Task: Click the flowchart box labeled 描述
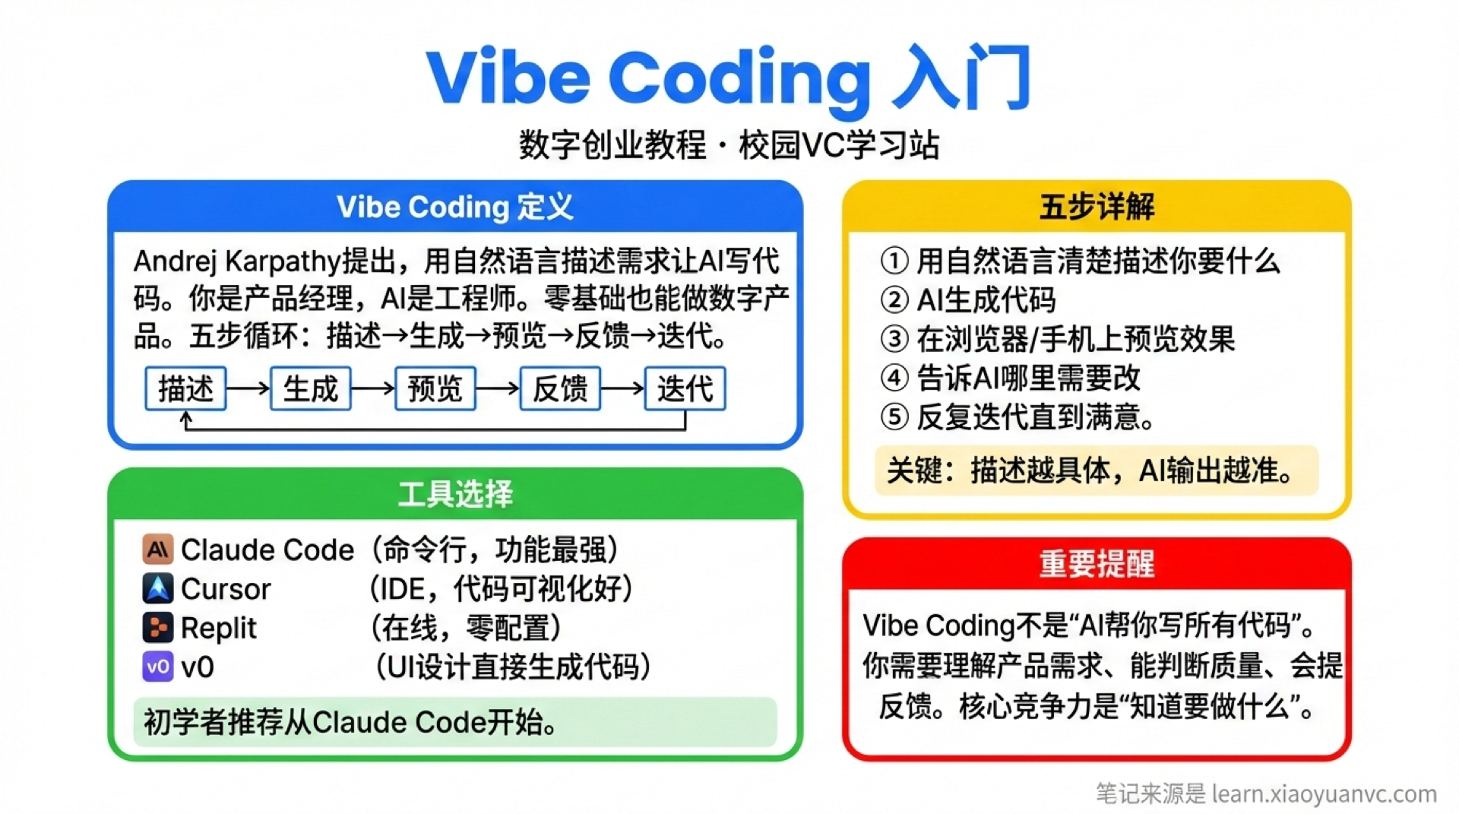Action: point(185,388)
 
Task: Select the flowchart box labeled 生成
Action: point(310,388)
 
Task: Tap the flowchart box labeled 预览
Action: point(435,388)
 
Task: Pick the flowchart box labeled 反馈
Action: point(560,388)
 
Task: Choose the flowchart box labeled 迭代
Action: point(685,388)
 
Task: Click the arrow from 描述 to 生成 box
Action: point(248,388)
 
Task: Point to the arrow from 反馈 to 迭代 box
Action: point(622,388)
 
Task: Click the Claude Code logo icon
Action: point(157,550)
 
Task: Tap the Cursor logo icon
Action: point(157,588)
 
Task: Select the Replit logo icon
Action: point(157,628)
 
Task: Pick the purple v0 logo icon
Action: point(157,667)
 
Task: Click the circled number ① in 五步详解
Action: point(894,261)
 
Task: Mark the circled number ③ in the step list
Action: point(894,339)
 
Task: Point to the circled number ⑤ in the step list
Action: point(894,417)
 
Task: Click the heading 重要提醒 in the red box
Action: point(1097,564)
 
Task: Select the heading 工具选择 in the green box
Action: point(455,494)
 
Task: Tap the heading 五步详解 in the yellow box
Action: point(1097,207)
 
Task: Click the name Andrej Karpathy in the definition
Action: point(236,261)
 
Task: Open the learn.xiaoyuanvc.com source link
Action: point(1324,794)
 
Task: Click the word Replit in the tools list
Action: point(219,629)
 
